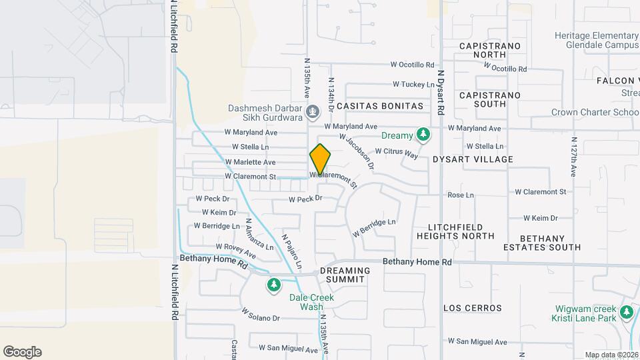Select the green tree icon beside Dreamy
(x=423, y=135)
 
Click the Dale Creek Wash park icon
(x=273, y=286)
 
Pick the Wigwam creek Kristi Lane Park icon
(x=626, y=312)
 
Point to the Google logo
(x=22, y=352)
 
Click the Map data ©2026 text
(x=611, y=355)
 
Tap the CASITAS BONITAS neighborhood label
(x=379, y=106)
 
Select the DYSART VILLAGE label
(x=473, y=159)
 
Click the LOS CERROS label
(x=473, y=308)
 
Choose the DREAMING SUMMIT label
(x=345, y=275)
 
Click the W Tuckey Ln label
(x=413, y=85)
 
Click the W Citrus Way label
(x=396, y=153)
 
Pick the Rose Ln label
(x=460, y=195)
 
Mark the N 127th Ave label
(x=573, y=157)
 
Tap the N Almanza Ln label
(x=259, y=235)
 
